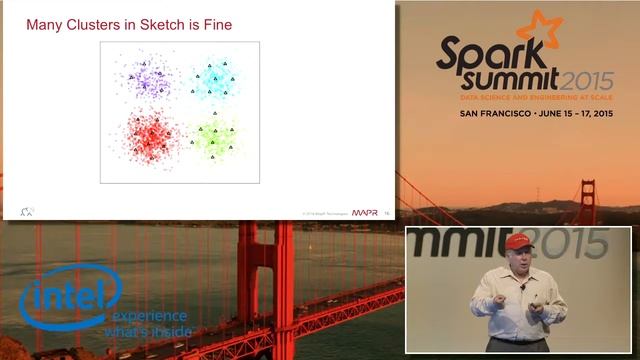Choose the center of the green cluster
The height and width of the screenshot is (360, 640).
point(214,137)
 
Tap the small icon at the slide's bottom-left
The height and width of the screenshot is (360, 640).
point(27,210)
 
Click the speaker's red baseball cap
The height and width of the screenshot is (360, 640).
point(517,242)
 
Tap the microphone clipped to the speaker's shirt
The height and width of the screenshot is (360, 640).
point(522,287)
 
